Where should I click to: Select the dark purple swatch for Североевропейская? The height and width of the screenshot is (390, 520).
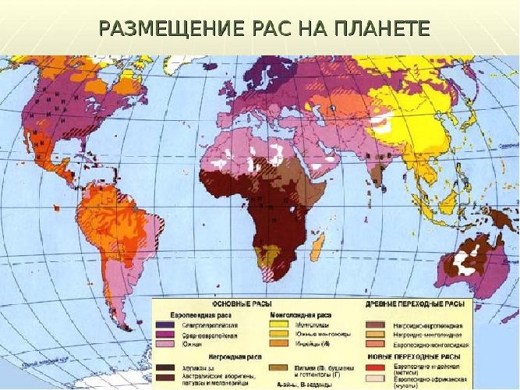pyautogui.click(x=165, y=323)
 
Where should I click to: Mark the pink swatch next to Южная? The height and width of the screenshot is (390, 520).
pyautogui.click(x=165, y=343)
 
